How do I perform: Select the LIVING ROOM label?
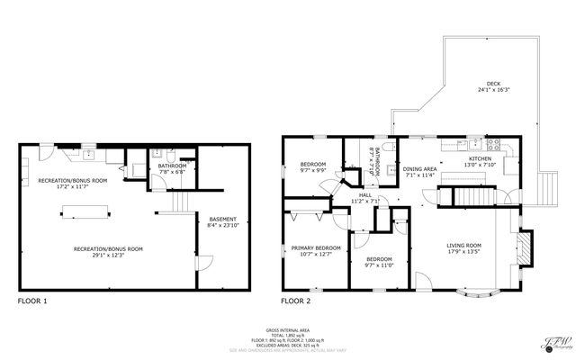click(x=464, y=245)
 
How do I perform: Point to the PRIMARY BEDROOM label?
click(x=315, y=247)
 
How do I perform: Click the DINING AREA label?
click(x=419, y=169)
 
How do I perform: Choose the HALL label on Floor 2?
click(x=365, y=194)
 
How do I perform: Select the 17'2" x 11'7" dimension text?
click(x=72, y=187)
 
